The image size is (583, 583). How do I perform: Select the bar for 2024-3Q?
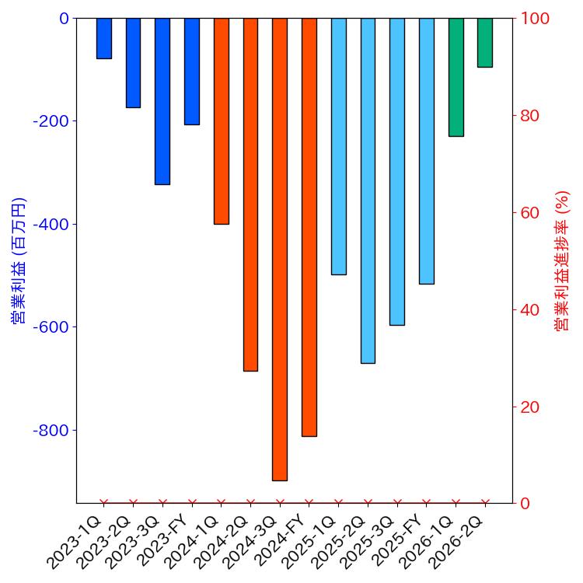tap(280, 249)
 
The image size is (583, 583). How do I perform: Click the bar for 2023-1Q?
tap(104, 38)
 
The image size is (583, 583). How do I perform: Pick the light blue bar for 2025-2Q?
tap(368, 190)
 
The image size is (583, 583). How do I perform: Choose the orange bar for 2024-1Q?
tap(221, 120)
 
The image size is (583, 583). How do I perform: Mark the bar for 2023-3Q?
tap(162, 101)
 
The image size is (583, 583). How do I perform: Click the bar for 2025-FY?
tap(426, 151)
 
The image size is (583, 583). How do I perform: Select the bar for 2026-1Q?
tap(456, 77)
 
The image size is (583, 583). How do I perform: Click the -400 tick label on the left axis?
tap(51, 224)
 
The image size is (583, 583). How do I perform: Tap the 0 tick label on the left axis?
tap(64, 18)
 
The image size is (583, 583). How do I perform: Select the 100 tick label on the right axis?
tap(535, 18)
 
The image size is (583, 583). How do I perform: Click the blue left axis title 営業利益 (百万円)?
tap(17, 260)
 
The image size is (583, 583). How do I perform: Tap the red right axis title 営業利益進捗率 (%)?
tap(563, 260)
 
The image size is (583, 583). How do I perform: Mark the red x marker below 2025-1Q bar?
tap(338, 503)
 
